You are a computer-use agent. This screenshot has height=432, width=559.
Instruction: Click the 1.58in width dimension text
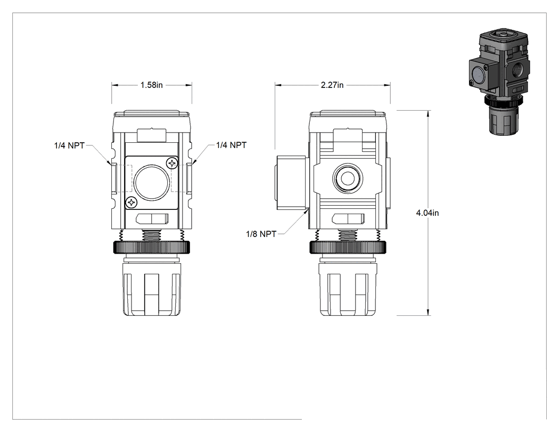pyautogui.click(x=152, y=85)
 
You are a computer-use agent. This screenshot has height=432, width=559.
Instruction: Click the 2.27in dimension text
pyautogui.click(x=332, y=85)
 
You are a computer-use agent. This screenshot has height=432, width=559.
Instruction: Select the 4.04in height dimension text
pyautogui.click(x=428, y=213)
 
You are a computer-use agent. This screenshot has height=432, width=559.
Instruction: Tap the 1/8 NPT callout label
pyautogui.click(x=261, y=234)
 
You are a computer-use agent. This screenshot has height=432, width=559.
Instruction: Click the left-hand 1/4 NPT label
pyautogui.click(x=69, y=145)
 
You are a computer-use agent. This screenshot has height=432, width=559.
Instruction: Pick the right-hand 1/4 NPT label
pyautogui.click(x=232, y=145)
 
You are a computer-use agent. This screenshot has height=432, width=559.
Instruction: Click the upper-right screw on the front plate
pyautogui.click(x=172, y=164)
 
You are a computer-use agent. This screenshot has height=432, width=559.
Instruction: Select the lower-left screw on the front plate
pyautogui.click(x=131, y=202)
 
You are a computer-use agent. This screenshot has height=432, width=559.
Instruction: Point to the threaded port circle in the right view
pyautogui.click(x=348, y=178)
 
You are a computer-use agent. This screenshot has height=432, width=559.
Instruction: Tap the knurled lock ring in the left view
pyautogui.click(x=152, y=247)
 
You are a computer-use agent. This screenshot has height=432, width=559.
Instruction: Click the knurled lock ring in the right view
pyautogui.click(x=348, y=247)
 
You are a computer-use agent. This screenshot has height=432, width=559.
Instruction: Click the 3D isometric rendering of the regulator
pyautogui.click(x=499, y=81)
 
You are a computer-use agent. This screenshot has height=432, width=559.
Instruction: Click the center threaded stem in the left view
pyautogui.click(x=152, y=235)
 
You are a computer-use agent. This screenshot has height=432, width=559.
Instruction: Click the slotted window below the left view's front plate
pyautogui.click(x=152, y=219)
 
